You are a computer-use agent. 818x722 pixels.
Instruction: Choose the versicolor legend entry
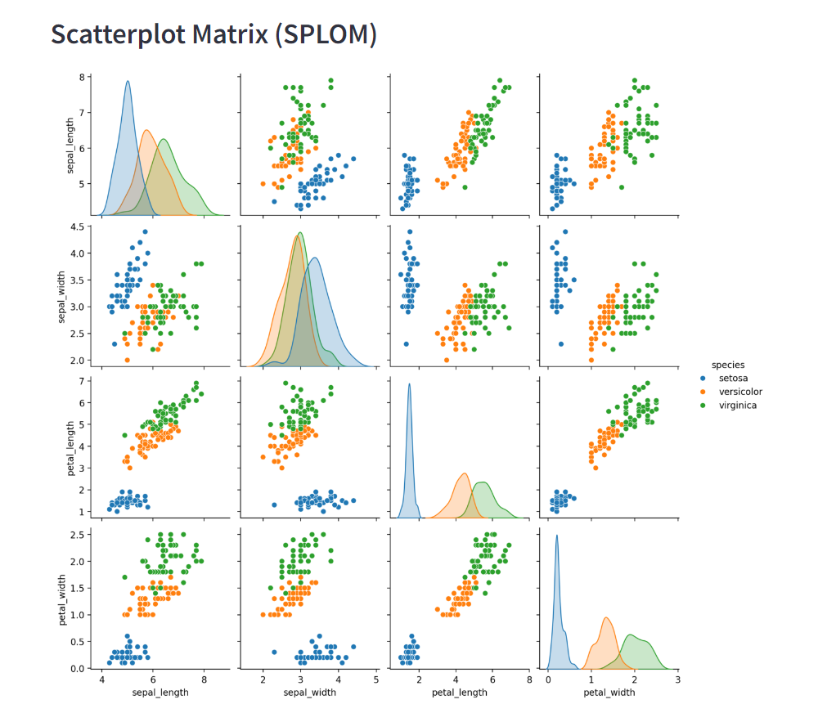(x=740, y=392)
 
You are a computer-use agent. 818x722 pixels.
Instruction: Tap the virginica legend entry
(x=738, y=405)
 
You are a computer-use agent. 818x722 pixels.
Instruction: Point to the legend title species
(x=727, y=365)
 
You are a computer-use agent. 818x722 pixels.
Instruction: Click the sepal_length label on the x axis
(x=160, y=692)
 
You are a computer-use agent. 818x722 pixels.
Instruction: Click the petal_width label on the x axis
(x=609, y=692)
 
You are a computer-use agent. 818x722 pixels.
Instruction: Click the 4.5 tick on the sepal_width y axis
(x=79, y=227)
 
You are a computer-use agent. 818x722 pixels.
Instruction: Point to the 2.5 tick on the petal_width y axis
(x=79, y=535)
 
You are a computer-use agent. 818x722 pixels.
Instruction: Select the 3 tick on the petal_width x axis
(x=676, y=679)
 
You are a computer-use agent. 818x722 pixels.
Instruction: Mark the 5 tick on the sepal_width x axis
(x=376, y=679)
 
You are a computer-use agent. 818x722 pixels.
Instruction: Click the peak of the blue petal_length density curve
(x=410, y=384)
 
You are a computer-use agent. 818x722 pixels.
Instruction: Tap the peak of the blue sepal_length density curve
(x=128, y=81)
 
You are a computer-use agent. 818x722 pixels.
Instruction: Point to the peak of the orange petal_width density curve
(x=605, y=617)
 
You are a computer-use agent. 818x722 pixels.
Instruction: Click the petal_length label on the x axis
(x=459, y=692)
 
